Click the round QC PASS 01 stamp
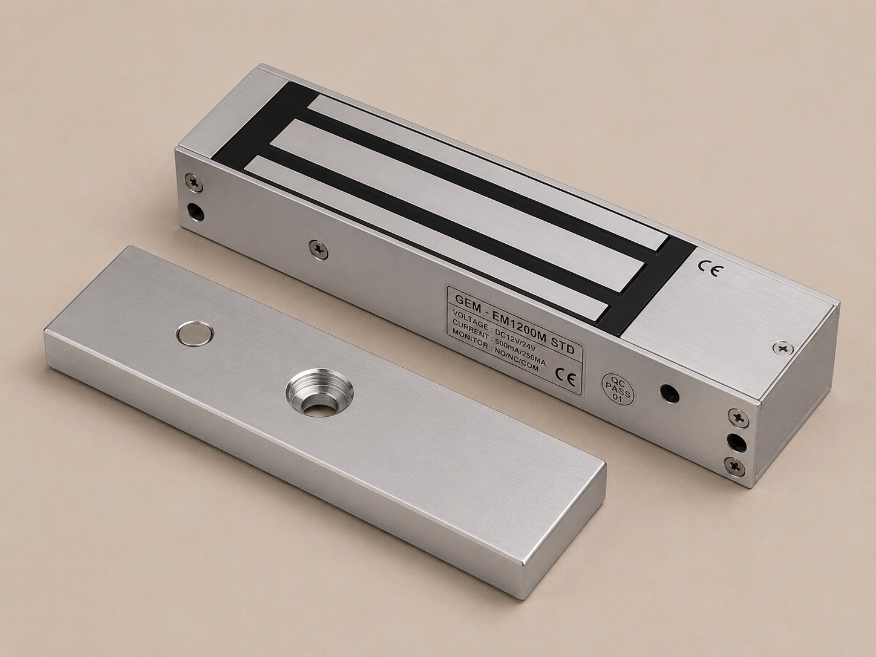point(619,388)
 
